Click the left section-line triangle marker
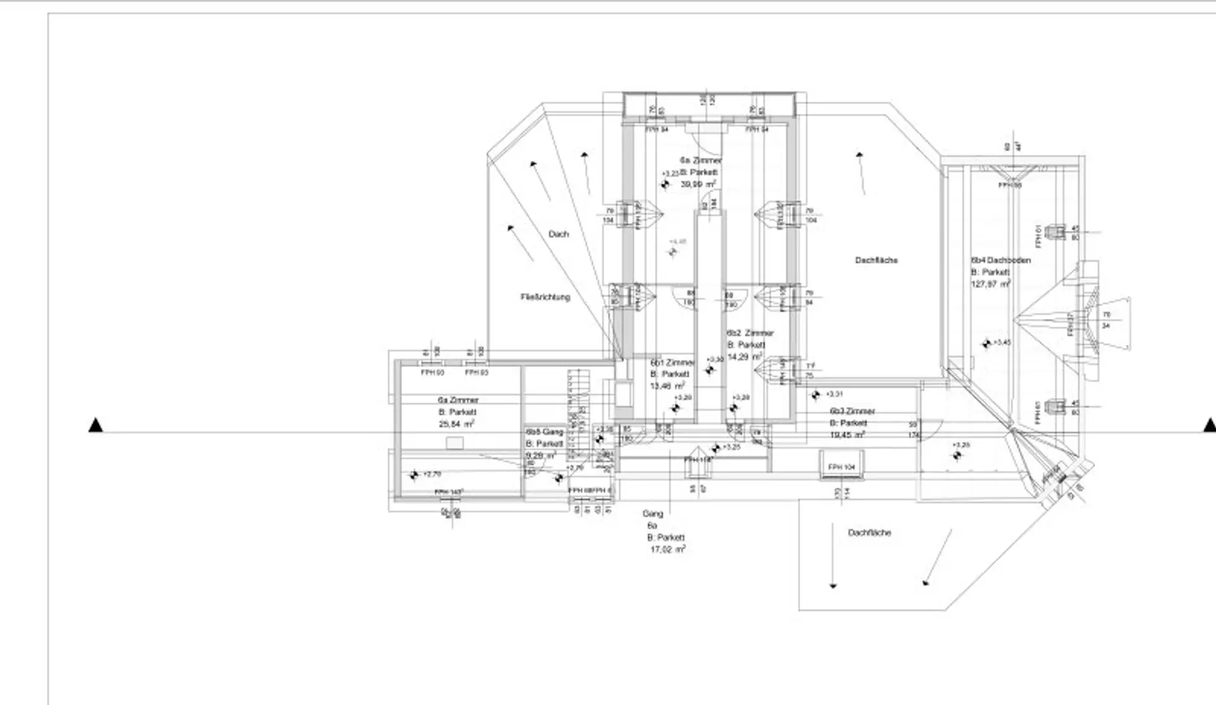tap(96, 425)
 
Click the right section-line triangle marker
tap(1210, 425)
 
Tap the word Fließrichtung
tap(545, 297)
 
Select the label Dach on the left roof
tap(558, 234)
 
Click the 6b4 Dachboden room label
tap(1001, 260)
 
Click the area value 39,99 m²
tap(698, 184)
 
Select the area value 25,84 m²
tap(456, 424)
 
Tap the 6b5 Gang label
tap(544, 432)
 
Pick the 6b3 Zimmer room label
tap(852, 411)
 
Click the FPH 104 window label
tap(841, 467)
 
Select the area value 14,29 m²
tap(744, 357)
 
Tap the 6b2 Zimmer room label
tap(750, 333)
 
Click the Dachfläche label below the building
tap(869, 533)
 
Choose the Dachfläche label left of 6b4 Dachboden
tap(876, 260)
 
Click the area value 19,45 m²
tap(847, 435)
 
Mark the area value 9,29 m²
tap(540, 456)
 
